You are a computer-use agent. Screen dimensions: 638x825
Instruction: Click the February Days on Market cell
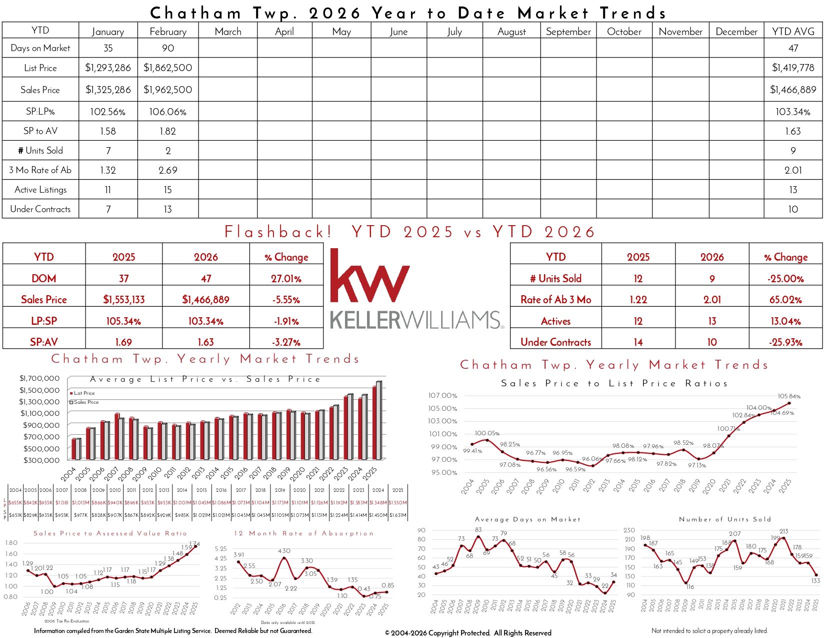click(x=168, y=48)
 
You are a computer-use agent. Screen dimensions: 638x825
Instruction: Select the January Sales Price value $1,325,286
click(x=108, y=90)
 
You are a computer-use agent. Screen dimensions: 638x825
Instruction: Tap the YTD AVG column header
click(x=793, y=31)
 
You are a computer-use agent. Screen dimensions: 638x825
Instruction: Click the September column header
click(x=568, y=32)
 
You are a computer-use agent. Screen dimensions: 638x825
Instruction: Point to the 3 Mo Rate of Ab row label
click(x=40, y=170)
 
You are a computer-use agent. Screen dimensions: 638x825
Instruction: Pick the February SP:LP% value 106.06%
click(x=168, y=112)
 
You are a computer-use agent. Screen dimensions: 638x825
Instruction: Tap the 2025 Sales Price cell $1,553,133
click(x=123, y=299)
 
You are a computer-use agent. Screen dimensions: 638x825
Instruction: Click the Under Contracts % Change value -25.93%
click(x=785, y=342)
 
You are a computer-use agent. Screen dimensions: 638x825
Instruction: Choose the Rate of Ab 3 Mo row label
click(x=555, y=299)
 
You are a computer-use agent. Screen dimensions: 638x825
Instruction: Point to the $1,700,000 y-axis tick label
click(x=39, y=378)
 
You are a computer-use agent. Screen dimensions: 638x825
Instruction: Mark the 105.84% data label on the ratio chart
click(x=789, y=396)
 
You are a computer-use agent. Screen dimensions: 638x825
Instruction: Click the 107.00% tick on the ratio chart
click(x=442, y=395)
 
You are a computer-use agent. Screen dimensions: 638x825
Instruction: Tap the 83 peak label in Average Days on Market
click(x=478, y=529)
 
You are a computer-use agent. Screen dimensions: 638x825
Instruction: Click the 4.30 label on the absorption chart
click(x=284, y=551)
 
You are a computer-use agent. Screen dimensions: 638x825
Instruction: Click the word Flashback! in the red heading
click(x=278, y=232)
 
